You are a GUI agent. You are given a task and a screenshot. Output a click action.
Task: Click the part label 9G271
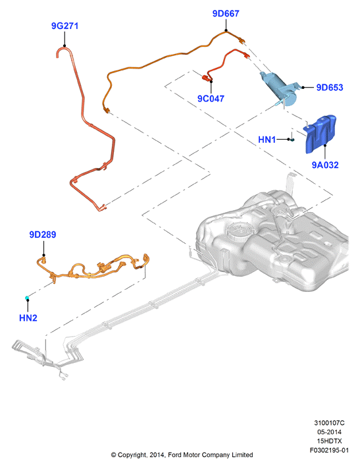click(x=65, y=26)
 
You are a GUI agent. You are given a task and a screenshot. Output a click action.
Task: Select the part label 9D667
click(x=226, y=13)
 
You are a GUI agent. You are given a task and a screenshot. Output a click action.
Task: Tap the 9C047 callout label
click(x=211, y=98)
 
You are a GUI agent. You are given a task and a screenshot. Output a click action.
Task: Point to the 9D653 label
click(x=330, y=88)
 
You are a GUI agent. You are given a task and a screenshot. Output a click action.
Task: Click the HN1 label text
click(x=267, y=140)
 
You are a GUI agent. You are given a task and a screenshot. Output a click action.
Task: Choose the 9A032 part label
click(x=325, y=165)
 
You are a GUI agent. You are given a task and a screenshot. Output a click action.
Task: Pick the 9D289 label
click(x=43, y=234)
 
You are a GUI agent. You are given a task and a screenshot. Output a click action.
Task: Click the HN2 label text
click(x=28, y=317)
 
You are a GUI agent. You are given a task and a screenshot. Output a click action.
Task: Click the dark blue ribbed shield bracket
click(x=320, y=134)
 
